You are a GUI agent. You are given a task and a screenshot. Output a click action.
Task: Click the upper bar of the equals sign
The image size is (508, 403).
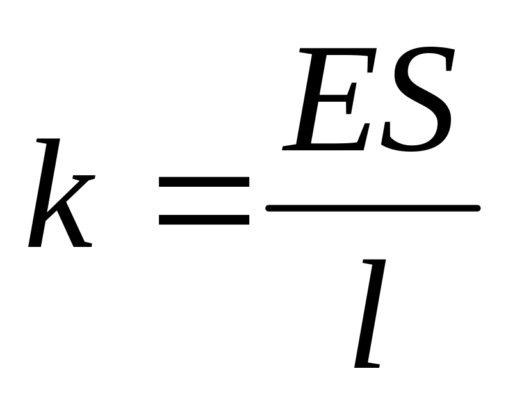[x=204, y=183]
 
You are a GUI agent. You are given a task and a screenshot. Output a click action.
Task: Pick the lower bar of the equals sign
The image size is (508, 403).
[x=204, y=219]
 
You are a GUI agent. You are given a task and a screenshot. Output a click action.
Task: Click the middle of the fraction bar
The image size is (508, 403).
[x=373, y=207]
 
